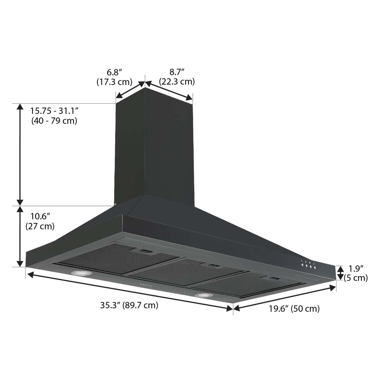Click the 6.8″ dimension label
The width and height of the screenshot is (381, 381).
(114, 72)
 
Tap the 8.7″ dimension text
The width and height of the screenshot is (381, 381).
(177, 72)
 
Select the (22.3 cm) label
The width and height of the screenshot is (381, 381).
(177, 82)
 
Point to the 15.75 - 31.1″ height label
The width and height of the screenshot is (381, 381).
(55, 111)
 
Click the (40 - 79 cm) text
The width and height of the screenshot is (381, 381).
(54, 121)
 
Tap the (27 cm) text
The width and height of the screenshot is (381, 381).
(40, 226)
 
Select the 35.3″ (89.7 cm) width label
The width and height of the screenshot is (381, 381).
(129, 305)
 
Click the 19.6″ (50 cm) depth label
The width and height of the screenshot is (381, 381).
(294, 308)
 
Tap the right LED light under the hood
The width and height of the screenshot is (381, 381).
(203, 296)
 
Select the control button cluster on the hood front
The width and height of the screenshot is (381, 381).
(308, 265)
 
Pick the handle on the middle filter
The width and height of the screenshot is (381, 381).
(213, 266)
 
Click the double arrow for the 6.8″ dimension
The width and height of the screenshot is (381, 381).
(131, 90)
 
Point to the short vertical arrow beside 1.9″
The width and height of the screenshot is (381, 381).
(340, 273)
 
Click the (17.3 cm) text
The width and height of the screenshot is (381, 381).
(114, 82)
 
